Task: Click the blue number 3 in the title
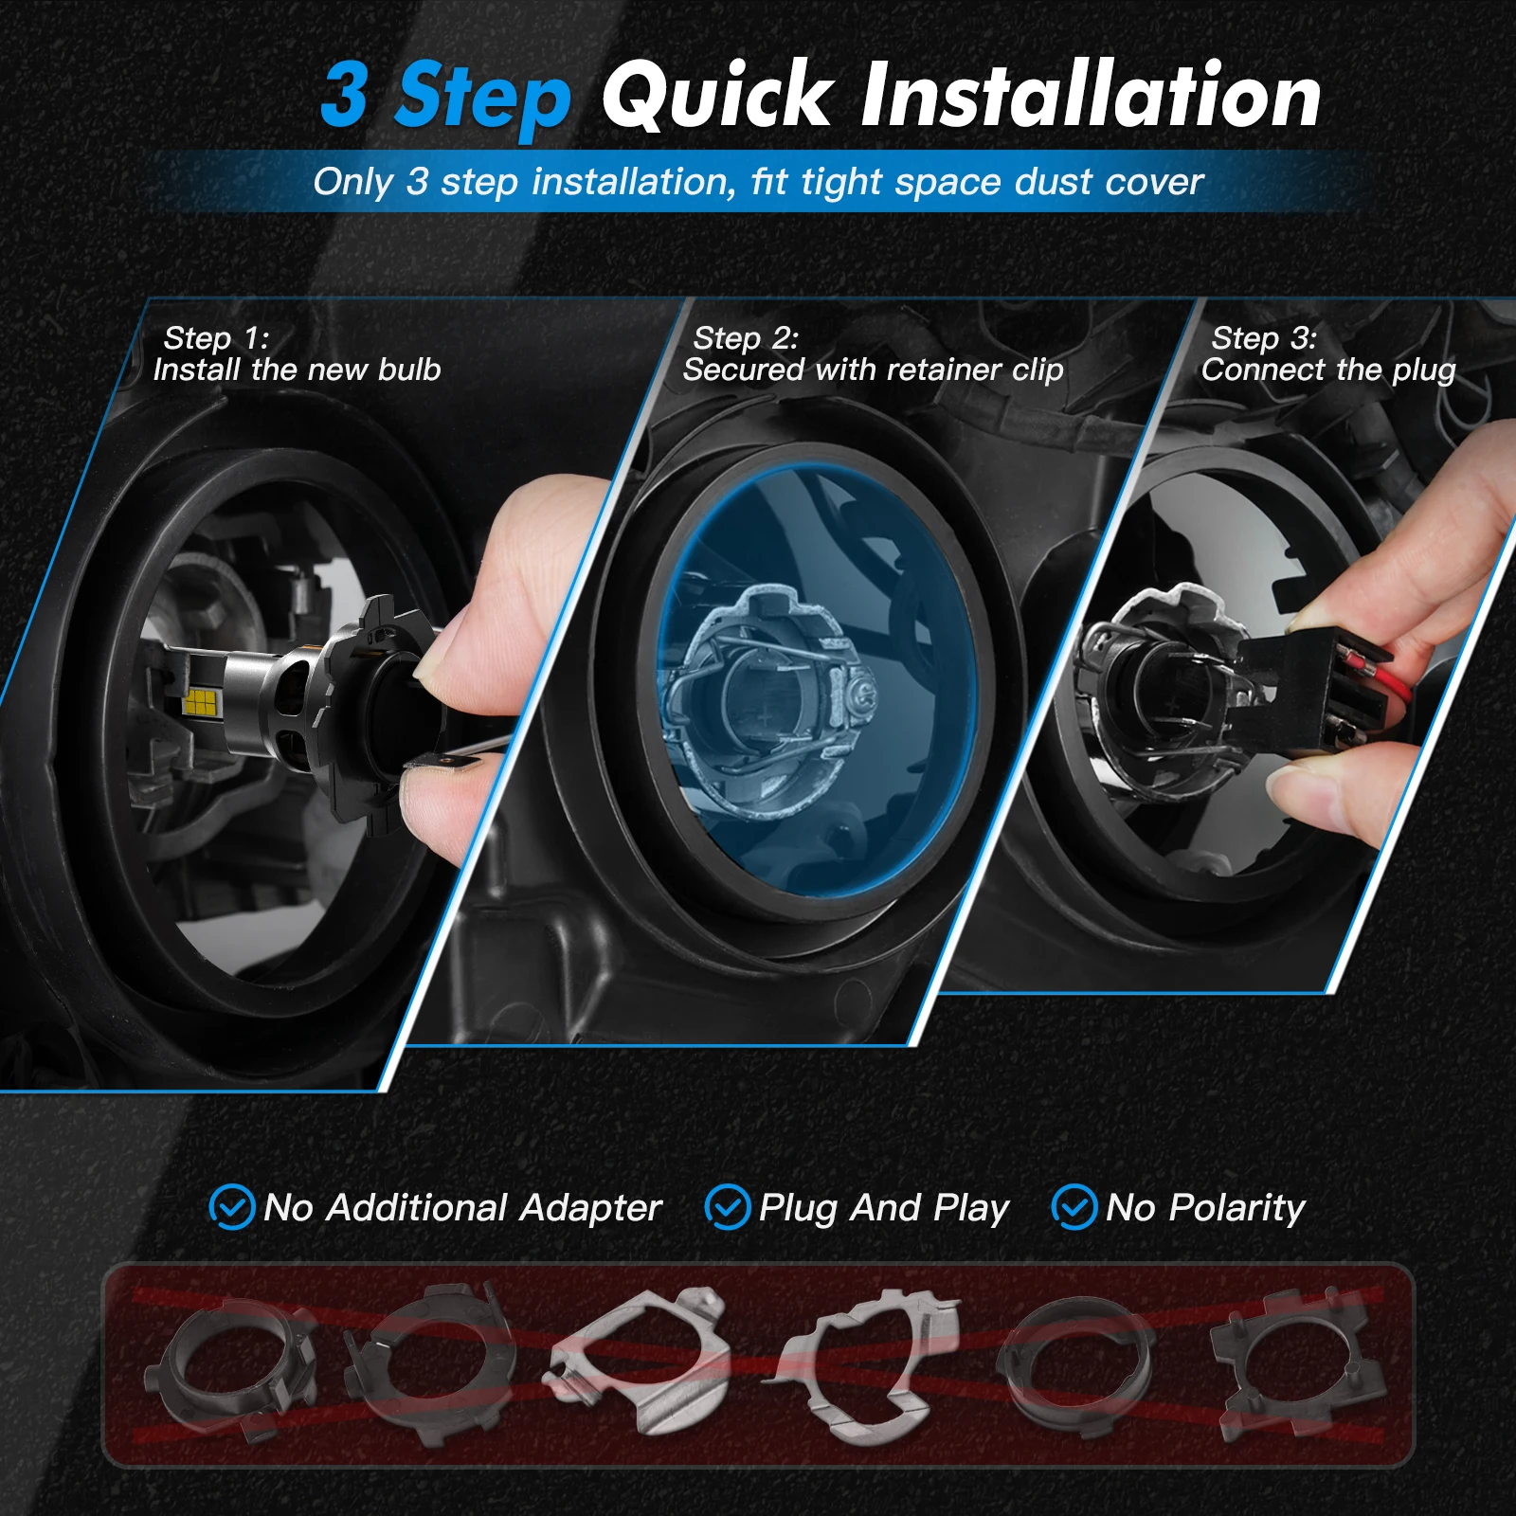tap(345, 95)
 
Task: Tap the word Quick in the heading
tap(716, 95)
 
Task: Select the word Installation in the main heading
tap(1091, 95)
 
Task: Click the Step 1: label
tap(216, 338)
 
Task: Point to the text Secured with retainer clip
tap(873, 370)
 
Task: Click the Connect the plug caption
tap(1327, 370)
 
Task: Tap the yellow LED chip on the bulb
tap(201, 701)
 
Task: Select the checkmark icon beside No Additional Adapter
tap(231, 1208)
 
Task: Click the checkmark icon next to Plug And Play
tap(728, 1208)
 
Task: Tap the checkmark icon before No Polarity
tap(1074, 1208)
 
